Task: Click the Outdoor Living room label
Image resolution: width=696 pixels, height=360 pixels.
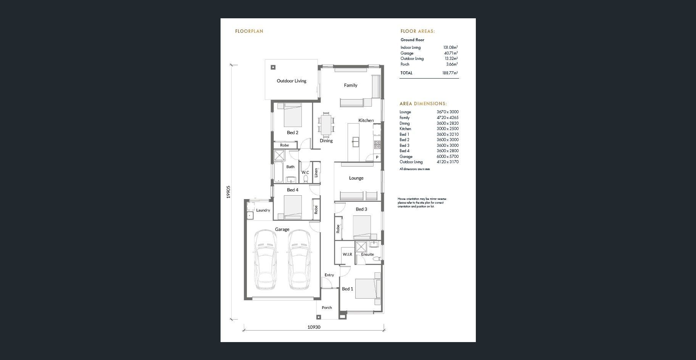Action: [x=292, y=81]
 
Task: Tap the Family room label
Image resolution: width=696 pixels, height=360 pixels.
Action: [x=351, y=85]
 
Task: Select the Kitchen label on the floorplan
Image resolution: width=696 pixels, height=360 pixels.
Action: [x=366, y=121]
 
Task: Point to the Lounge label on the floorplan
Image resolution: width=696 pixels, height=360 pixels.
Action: [x=356, y=178]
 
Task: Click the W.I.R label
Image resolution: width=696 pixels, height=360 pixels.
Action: [x=347, y=254]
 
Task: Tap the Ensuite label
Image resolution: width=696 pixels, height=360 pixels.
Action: [x=367, y=254]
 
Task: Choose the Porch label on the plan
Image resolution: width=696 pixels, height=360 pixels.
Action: [x=327, y=308]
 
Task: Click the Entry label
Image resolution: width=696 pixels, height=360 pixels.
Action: [x=329, y=275]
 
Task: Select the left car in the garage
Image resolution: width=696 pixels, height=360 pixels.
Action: [x=265, y=260]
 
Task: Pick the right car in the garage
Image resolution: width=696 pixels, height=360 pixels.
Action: [x=299, y=260]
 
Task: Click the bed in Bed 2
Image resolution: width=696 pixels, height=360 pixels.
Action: [x=293, y=115]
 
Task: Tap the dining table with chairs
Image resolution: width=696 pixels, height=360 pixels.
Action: [x=326, y=124]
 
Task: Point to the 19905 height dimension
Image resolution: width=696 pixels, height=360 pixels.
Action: [x=229, y=192]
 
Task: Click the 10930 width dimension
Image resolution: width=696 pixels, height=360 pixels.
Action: [x=314, y=327]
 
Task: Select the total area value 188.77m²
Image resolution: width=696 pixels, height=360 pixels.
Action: [x=450, y=73]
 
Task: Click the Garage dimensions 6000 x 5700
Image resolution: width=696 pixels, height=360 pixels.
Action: [x=448, y=156]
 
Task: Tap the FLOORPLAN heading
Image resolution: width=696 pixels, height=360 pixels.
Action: [x=249, y=31]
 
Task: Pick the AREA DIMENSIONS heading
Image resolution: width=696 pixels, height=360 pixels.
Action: [x=423, y=104]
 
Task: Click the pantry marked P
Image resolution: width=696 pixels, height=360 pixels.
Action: [x=377, y=157]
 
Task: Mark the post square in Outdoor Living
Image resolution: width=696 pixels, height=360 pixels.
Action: [x=273, y=67]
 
